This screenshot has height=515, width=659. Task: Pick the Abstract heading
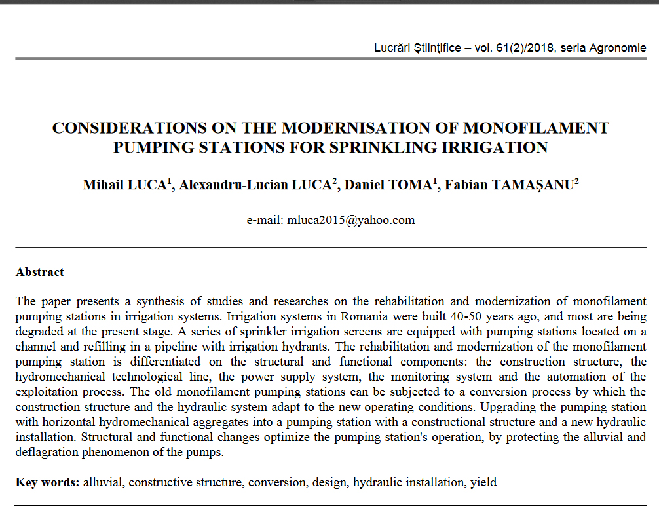[x=40, y=272]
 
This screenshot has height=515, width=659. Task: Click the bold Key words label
[x=48, y=482]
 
